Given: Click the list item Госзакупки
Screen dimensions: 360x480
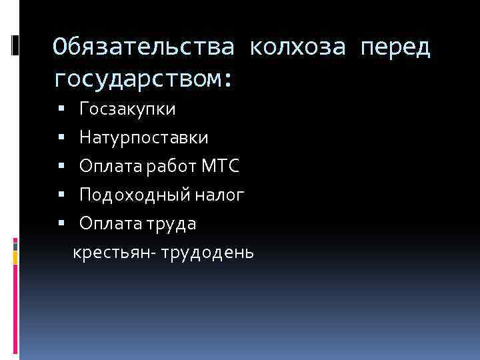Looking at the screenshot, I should coord(127,109).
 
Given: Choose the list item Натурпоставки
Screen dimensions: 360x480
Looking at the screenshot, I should coord(143,137).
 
